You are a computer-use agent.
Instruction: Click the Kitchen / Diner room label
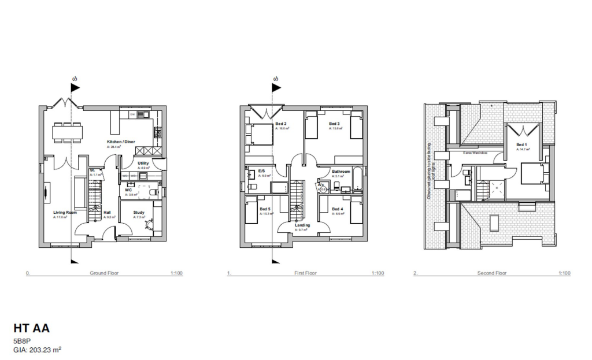click(121, 142)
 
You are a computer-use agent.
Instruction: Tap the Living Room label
click(65, 213)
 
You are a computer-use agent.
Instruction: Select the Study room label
click(139, 213)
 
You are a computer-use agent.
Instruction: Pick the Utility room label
click(143, 164)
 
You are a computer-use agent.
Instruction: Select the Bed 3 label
click(334, 124)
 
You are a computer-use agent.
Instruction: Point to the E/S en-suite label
click(261, 171)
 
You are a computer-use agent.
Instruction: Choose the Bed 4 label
click(338, 209)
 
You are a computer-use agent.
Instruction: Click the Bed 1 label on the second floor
click(521, 144)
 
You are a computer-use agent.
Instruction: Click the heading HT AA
click(32, 328)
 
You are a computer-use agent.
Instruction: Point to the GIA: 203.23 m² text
click(38, 350)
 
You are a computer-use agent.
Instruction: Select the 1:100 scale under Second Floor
click(564, 273)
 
